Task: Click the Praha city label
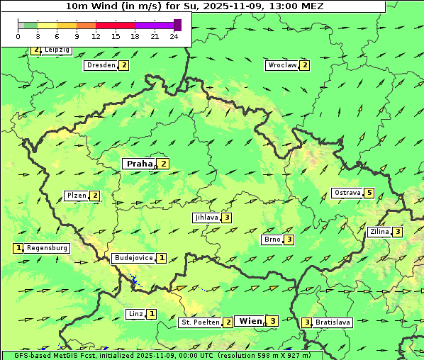(139, 164)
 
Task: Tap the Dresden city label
(100, 65)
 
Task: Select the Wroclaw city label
(281, 65)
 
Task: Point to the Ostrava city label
(347, 193)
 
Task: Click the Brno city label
(272, 240)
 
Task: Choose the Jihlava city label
(206, 218)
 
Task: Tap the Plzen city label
(76, 196)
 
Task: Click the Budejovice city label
(133, 258)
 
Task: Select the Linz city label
(135, 314)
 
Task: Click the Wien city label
(250, 321)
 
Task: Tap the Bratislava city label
(333, 322)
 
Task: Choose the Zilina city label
(379, 232)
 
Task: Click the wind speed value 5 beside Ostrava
(369, 193)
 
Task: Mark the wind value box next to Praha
(164, 164)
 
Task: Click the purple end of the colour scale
(177, 25)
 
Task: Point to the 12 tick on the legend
(95, 36)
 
